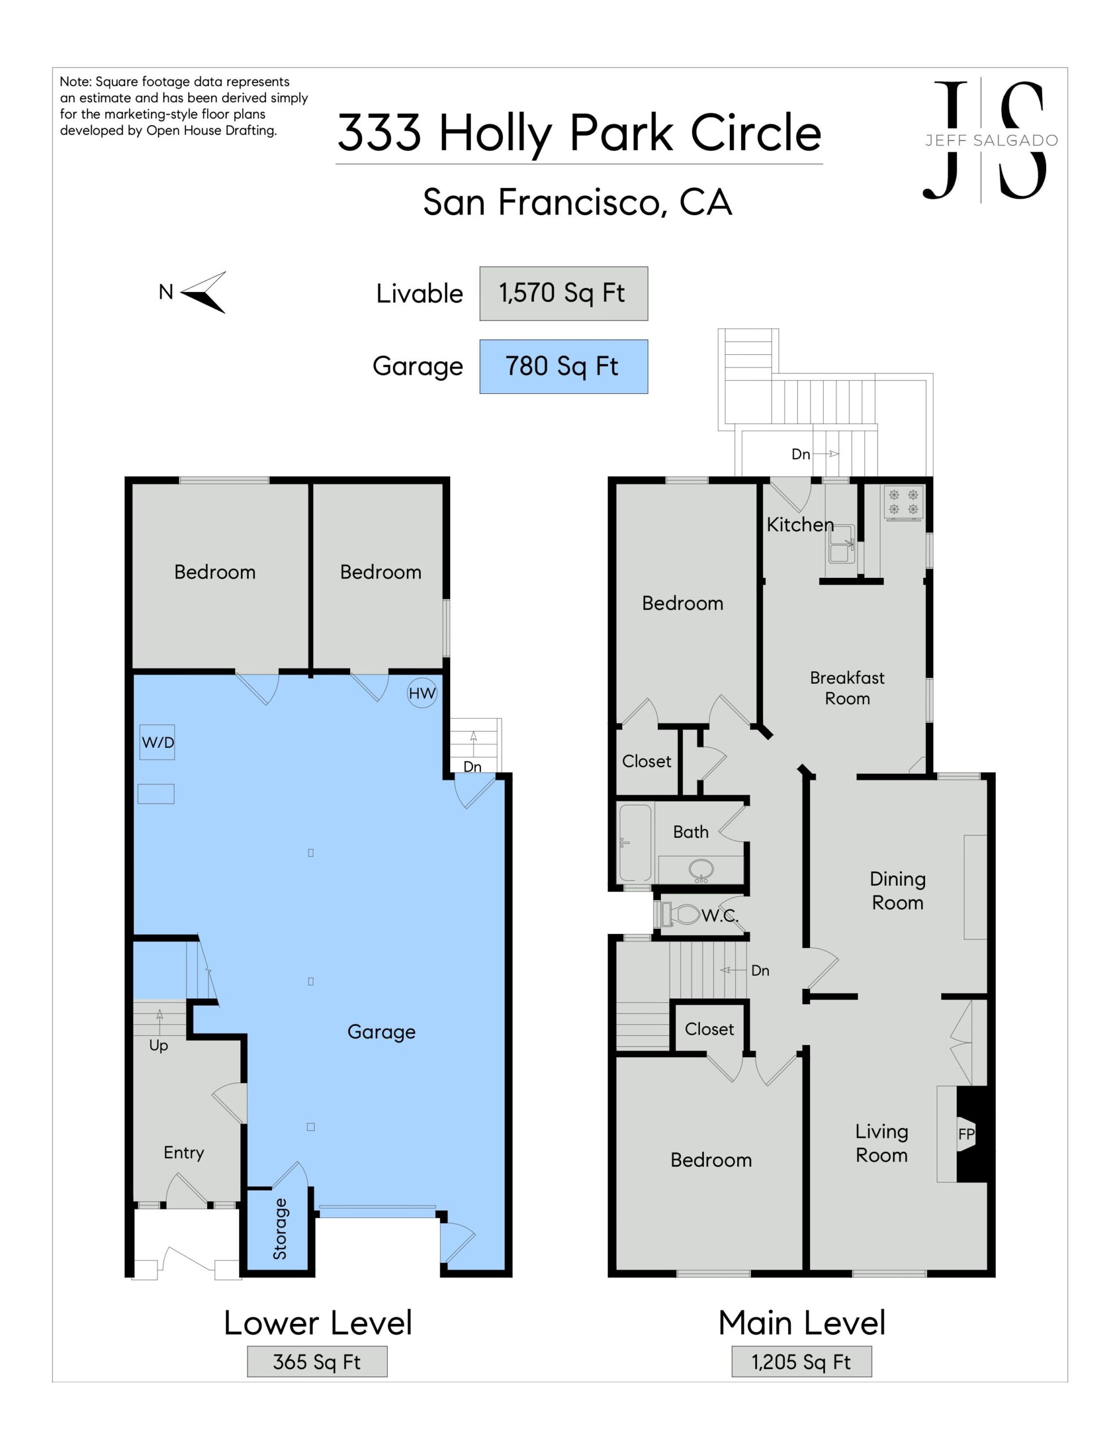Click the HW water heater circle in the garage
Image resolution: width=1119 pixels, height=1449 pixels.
(422, 693)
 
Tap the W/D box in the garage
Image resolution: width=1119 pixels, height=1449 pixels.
(157, 743)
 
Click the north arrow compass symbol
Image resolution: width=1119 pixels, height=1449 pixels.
(204, 292)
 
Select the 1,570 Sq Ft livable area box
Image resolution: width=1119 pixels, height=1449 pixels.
(563, 293)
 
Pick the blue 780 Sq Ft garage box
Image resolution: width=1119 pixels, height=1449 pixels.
(563, 366)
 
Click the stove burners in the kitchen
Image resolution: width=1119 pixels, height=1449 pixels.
(903, 502)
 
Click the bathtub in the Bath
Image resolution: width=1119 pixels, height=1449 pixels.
(635, 843)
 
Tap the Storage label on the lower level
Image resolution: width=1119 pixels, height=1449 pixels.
(280, 1229)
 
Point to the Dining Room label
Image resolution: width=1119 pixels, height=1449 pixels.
(897, 891)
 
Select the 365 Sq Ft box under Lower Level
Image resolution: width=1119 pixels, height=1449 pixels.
(317, 1362)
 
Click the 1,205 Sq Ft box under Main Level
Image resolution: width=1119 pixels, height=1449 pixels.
(801, 1362)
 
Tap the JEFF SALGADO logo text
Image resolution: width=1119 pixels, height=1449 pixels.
(992, 140)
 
